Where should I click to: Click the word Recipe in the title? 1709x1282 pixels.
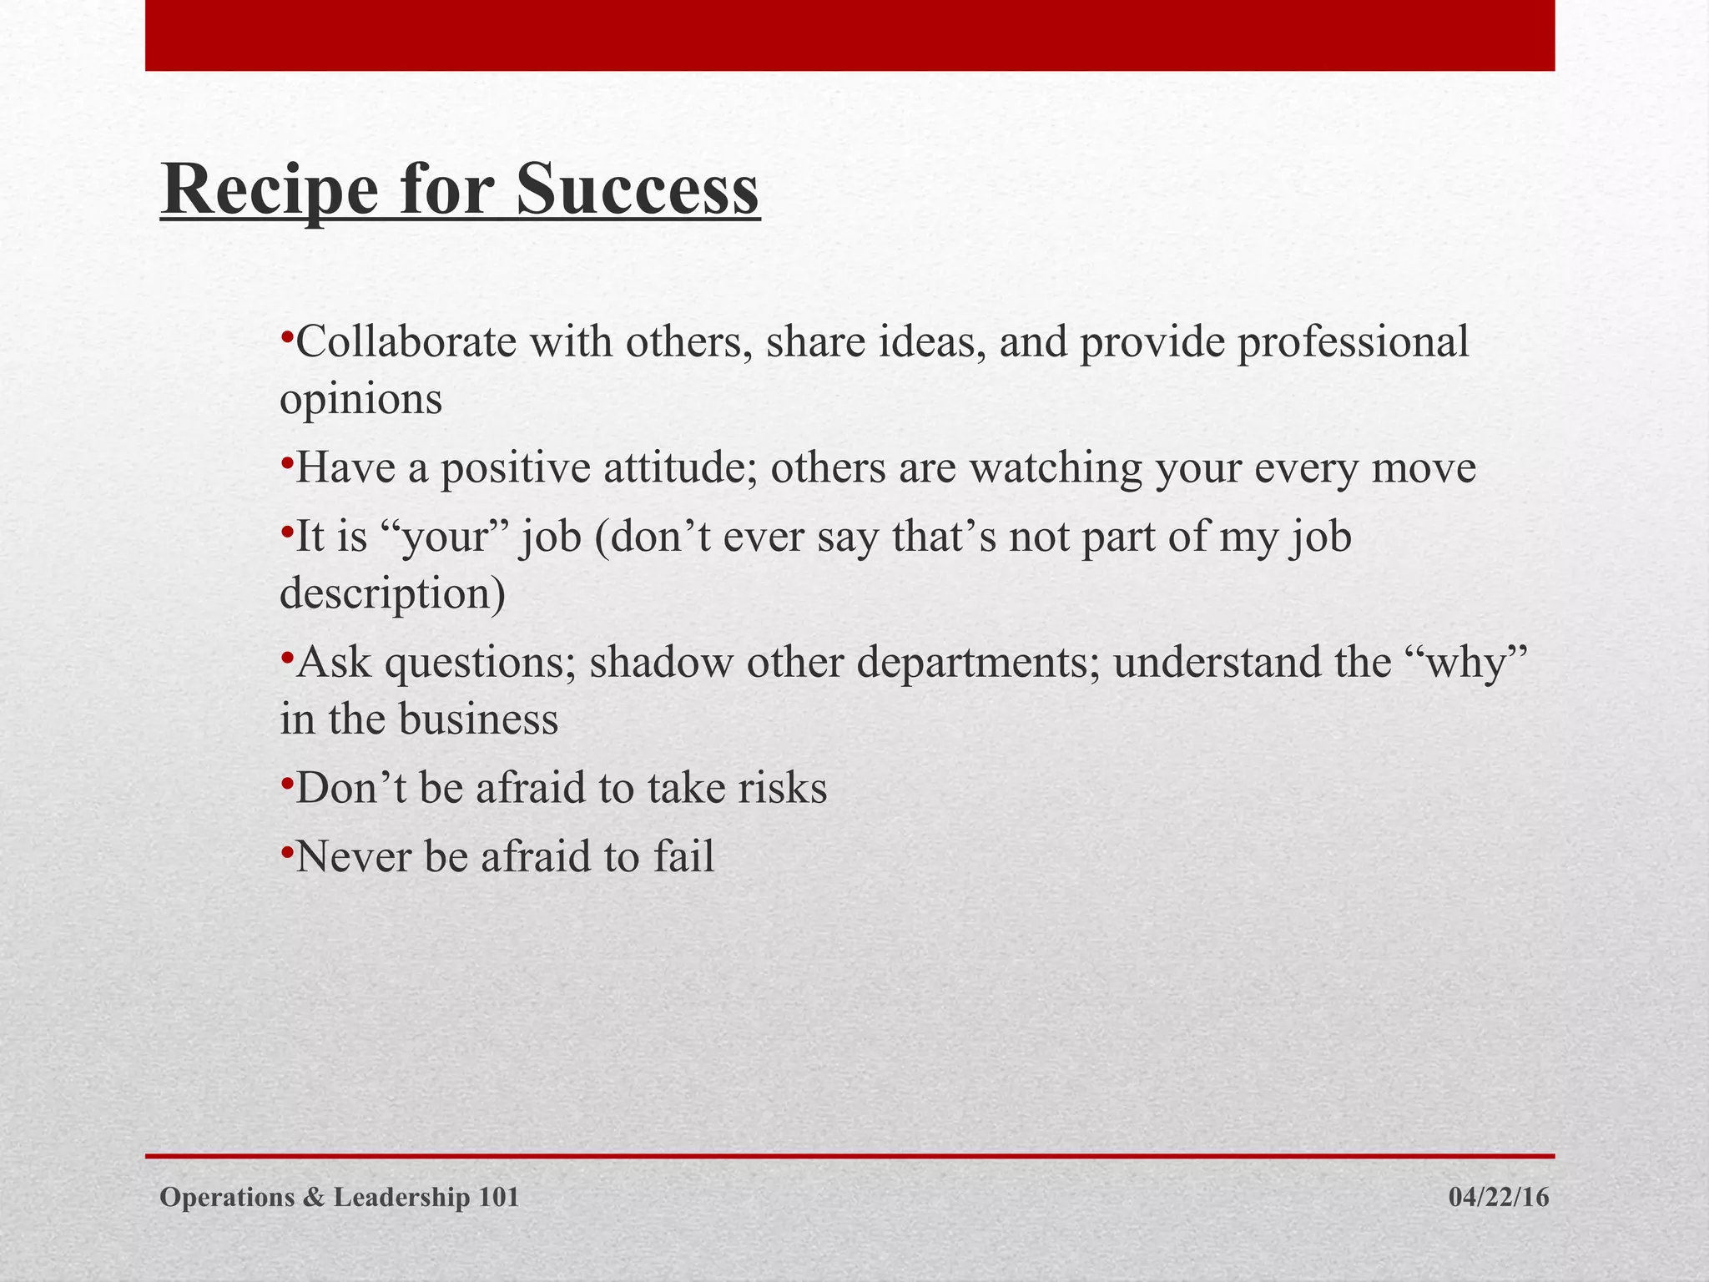click(x=269, y=190)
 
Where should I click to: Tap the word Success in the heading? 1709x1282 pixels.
click(x=637, y=189)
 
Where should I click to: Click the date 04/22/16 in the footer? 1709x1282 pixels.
click(x=1499, y=1198)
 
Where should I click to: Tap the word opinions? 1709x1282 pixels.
click(x=360, y=401)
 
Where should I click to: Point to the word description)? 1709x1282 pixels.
click(x=392, y=594)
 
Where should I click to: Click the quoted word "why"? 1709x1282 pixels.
click(x=1465, y=663)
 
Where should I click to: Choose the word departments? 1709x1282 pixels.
click(x=977, y=663)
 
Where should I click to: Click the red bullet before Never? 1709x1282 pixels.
click(x=286, y=851)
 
